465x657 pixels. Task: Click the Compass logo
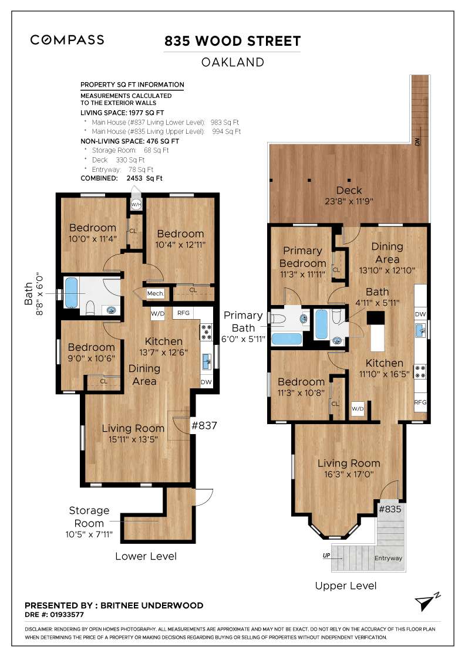(67, 40)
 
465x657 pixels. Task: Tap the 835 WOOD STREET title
(232, 41)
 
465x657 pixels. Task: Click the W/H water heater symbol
(136, 205)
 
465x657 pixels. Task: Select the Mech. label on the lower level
(155, 293)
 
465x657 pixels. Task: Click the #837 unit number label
(204, 426)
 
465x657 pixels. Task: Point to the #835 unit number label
(390, 509)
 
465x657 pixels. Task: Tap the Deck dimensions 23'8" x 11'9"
(349, 201)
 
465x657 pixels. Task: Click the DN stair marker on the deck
(417, 141)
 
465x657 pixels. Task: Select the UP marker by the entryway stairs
(326, 556)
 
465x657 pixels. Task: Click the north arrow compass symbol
(427, 602)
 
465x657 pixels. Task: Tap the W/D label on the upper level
(358, 408)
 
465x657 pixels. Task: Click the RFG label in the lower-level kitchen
(183, 313)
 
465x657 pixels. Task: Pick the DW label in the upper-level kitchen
(420, 314)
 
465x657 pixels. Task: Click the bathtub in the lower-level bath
(71, 293)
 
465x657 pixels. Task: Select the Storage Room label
(89, 517)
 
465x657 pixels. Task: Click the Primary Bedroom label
(303, 257)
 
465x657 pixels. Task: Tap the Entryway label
(388, 558)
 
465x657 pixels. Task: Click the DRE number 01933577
(67, 615)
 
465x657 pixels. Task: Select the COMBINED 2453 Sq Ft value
(144, 178)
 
